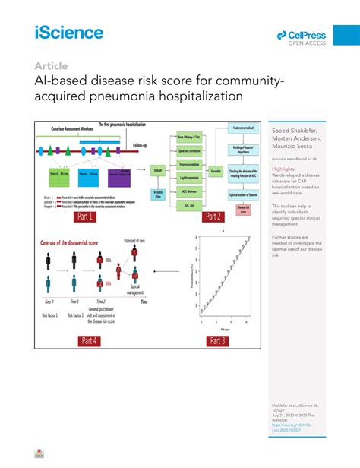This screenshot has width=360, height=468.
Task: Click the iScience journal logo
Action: (68, 32)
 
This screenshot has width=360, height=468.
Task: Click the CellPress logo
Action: (302, 36)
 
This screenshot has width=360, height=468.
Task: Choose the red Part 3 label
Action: (217, 340)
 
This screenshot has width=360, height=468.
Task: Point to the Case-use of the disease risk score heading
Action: (69, 242)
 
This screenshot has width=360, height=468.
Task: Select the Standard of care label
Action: (134, 242)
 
